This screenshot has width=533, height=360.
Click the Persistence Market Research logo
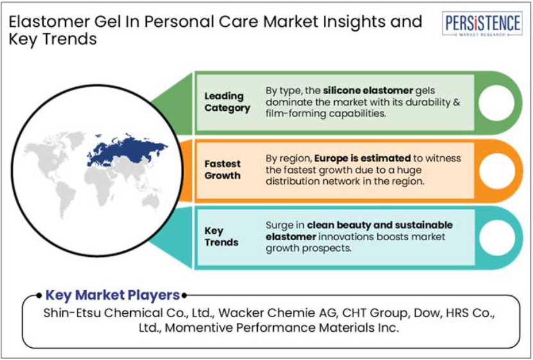point(482,24)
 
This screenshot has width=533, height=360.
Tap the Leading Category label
point(227,102)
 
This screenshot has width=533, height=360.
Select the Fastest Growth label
point(223,170)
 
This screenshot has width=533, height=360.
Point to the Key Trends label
point(221,236)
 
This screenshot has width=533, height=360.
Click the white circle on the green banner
point(496,102)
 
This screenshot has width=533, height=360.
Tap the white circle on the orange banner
point(497,170)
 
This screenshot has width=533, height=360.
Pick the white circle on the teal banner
point(497,238)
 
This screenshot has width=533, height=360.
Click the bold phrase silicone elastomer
point(368,91)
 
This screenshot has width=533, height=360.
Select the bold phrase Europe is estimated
point(362,158)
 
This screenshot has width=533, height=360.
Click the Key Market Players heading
point(112,295)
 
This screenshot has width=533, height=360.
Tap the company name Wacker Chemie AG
point(278,313)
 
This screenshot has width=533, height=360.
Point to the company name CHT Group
point(375,313)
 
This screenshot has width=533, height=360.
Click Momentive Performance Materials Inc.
point(282,328)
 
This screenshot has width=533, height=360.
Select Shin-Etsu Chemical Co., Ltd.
point(128,313)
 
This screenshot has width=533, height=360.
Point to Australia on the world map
point(151,201)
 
